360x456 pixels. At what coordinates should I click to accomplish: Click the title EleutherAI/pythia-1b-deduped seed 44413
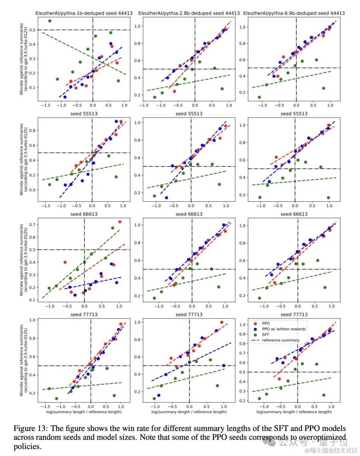point(84,13)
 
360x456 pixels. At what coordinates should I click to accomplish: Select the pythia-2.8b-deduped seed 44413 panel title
point(189,13)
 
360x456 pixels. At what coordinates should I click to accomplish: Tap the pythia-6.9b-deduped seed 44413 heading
point(294,13)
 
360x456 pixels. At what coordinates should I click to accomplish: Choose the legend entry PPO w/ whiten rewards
point(284,329)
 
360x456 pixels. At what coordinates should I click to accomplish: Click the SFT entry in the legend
point(265,335)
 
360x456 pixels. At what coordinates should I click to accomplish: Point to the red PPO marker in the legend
point(255,324)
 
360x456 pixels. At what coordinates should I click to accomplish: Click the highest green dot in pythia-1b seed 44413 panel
point(50,21)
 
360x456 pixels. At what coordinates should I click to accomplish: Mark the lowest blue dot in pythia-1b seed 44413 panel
point(65,97)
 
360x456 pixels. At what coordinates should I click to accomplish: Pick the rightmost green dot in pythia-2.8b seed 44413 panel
point(222,89)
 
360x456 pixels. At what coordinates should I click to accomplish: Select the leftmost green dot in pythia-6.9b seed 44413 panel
point(259,97)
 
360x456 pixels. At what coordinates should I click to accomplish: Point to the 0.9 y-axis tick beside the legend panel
point(242,334)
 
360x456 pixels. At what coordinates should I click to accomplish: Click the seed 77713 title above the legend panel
point(294,315)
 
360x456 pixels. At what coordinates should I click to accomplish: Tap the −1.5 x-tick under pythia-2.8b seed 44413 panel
point(144,105)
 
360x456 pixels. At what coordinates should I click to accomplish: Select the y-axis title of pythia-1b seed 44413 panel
point(24,59)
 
